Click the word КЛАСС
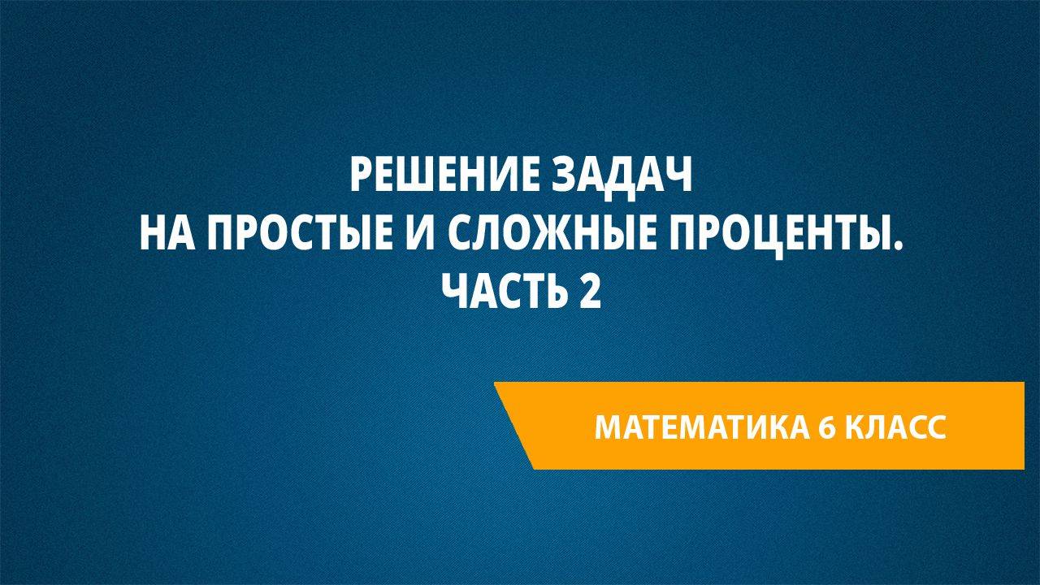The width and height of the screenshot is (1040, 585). click(x=899, y=427)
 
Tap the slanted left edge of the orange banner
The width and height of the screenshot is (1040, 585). click(x=514, y=426)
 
